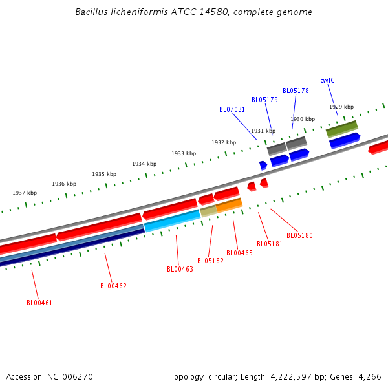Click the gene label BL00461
point(39,303)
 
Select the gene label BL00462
point(113,286)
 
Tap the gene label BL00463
point(180,269)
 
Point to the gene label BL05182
point(210,261)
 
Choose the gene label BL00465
point(239,253)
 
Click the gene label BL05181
point(270,244)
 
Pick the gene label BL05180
point(299,235)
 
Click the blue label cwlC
point(327,80)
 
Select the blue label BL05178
point(296,91)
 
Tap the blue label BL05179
point(264,100)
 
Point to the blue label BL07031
point(232,109)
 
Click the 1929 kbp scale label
point(341,107)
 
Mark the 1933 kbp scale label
point(184,153)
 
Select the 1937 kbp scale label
point(25,193)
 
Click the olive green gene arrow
point(341,129)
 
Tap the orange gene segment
point(229,205)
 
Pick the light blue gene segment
point(172,221)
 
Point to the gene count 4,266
point(369,376)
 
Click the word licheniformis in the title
point(131,12)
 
